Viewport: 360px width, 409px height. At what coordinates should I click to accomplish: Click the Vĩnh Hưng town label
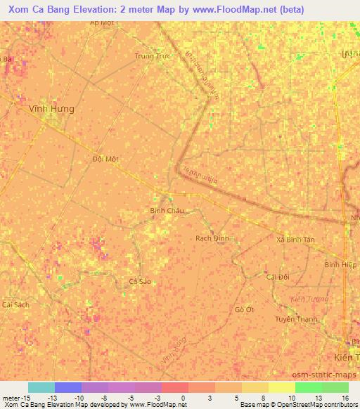(x=51, y=110)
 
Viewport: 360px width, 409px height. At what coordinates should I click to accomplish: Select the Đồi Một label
(x=105, y=159)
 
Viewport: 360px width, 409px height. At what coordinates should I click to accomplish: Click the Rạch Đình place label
(x=212, y=239)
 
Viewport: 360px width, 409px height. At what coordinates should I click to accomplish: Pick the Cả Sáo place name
(x=140, y=281)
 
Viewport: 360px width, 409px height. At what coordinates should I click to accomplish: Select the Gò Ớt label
(x=244, y=310)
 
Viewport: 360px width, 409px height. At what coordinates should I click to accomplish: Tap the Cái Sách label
(x=15, y=305)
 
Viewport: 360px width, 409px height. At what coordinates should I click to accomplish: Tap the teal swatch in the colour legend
(x=41, y=387)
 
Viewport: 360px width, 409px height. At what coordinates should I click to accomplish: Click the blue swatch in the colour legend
(x=67, y=387)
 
